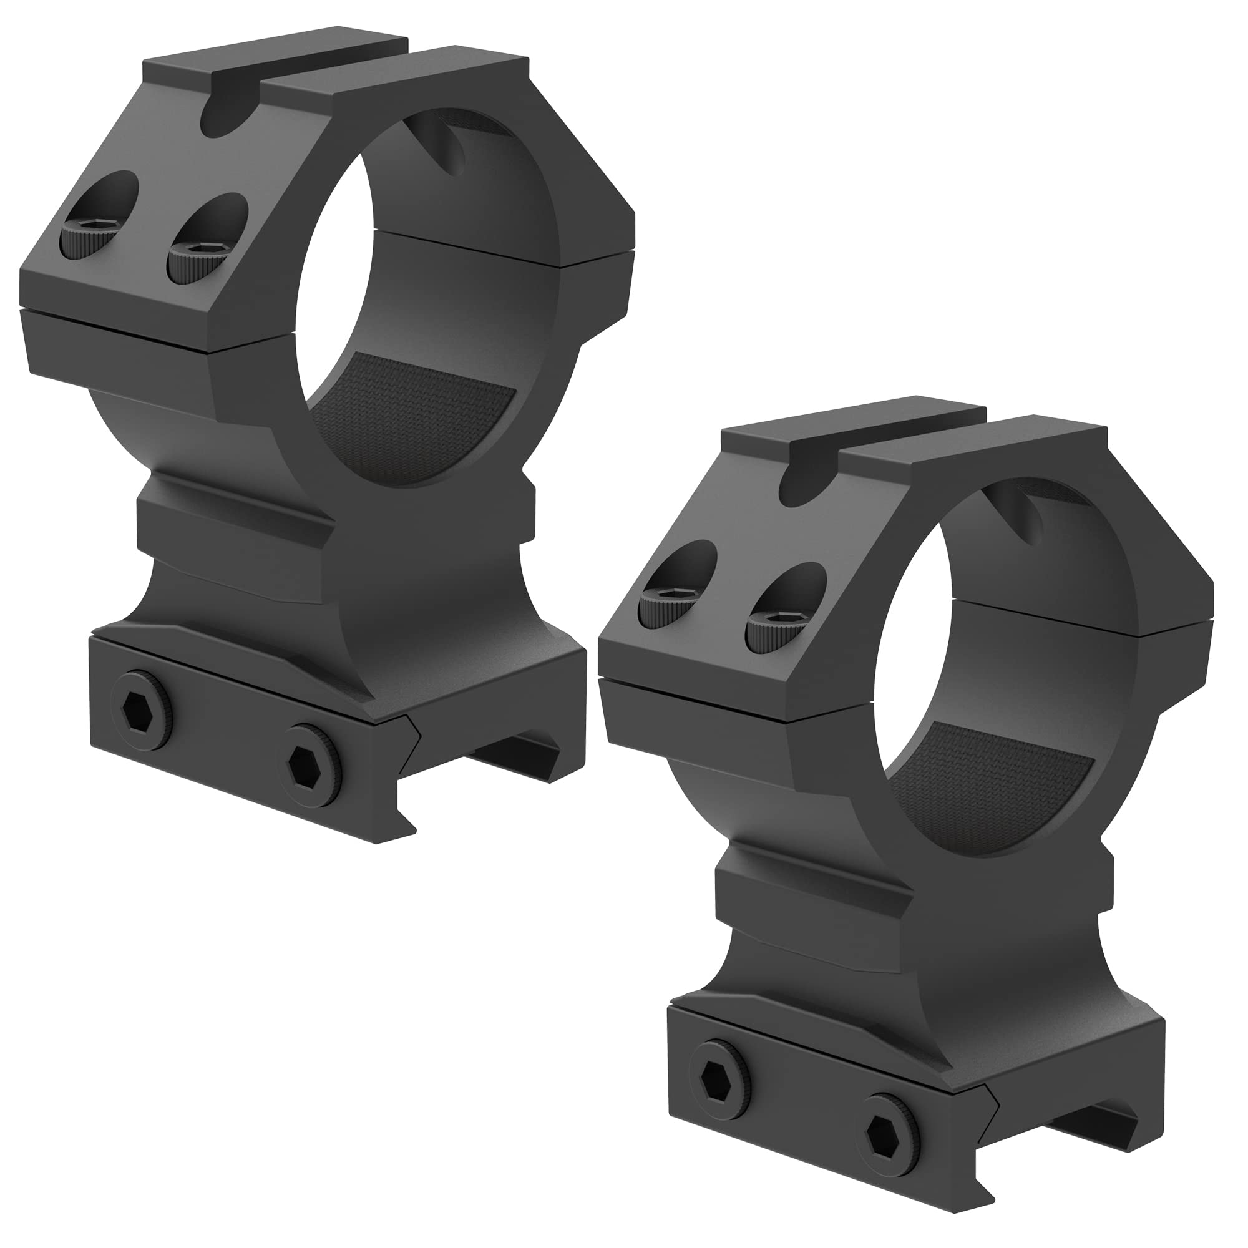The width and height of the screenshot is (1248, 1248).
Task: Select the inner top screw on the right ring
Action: pyautogui.click(x=771, y=627)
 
